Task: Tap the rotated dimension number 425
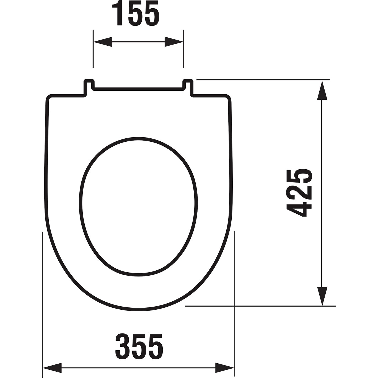pos(299,193)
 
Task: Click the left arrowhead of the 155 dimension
pos(103,42)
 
